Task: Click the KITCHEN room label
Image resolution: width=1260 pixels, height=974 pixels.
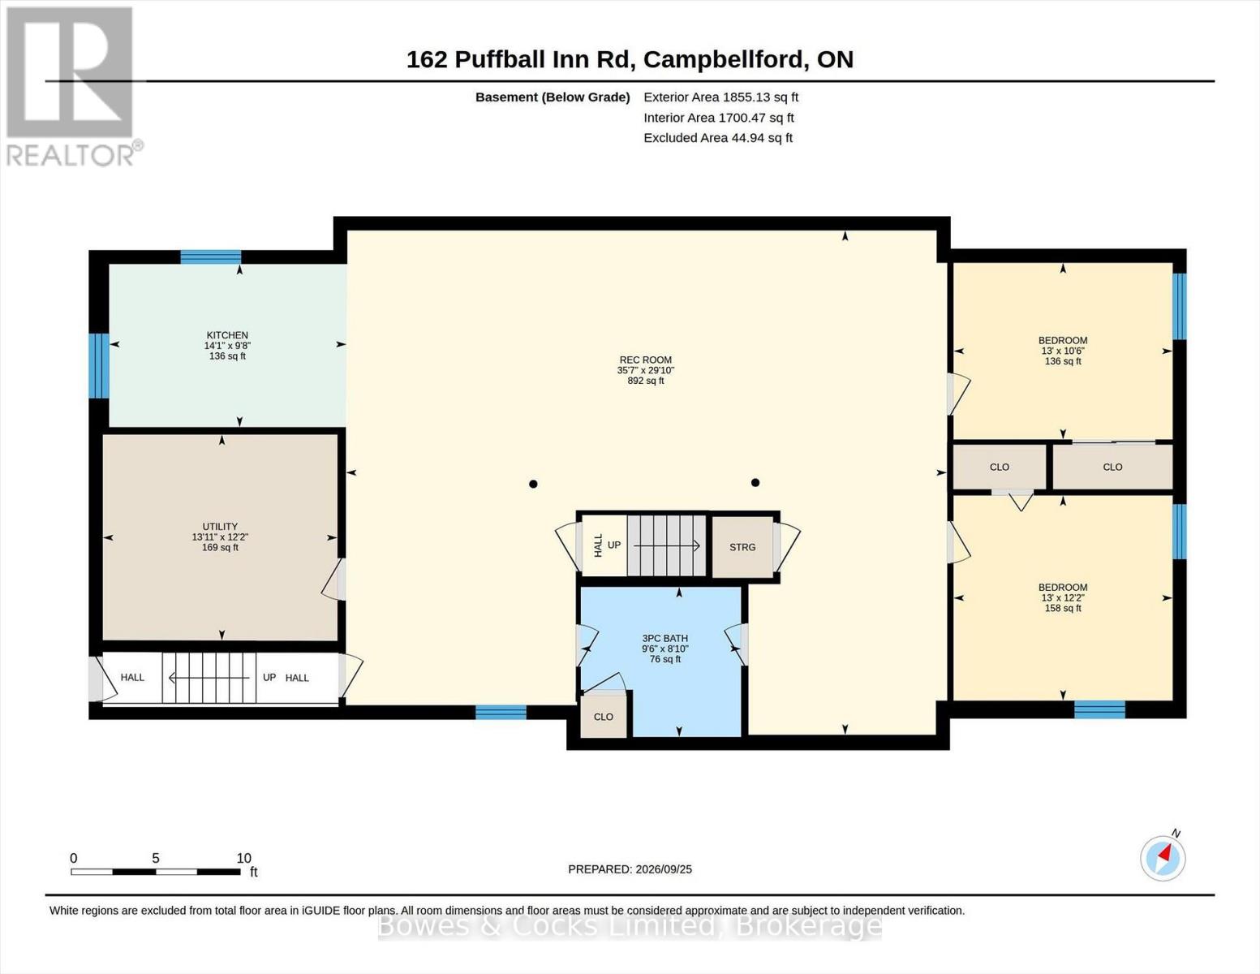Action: (x=227, y=335)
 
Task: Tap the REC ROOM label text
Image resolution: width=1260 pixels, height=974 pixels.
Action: (x=645, y=360)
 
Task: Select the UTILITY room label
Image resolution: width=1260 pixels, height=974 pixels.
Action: (x=220, y=527)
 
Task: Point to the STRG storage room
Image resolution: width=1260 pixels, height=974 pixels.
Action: (x=742, y=547)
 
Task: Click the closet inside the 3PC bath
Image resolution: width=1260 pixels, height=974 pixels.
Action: (x=603, y=717)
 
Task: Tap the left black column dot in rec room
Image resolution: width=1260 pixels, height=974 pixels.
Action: (x=533, y=484)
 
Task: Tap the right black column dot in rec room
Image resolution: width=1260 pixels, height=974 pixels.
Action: (x=755, y=483)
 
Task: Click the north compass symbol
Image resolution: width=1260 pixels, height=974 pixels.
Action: (x=1163, y=858)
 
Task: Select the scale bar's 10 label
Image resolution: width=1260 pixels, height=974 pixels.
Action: (x=243, y=858)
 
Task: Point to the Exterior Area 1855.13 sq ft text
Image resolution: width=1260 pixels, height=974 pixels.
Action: (x=720, y=97)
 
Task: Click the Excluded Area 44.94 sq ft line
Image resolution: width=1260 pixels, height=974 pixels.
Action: (x=718, y=138)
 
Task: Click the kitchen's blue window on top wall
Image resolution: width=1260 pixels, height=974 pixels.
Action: (x=210, y=256)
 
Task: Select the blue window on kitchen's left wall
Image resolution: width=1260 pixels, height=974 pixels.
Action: (x=98, y=365)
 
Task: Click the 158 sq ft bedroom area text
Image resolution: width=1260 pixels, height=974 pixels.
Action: (x=1063, y=608)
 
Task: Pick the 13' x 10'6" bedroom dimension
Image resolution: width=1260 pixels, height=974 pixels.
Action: (x=1063, y=351)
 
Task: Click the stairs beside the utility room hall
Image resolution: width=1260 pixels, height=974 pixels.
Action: (x=209, y=678)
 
